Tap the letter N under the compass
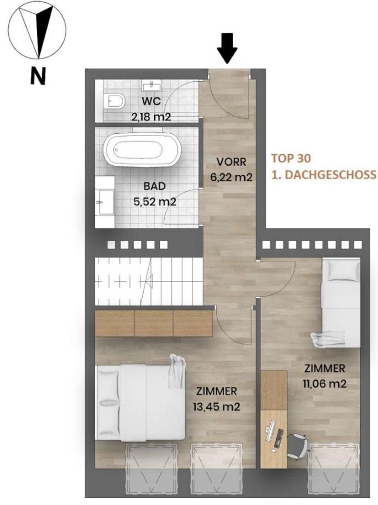pyautogui.click(x=38, y=76)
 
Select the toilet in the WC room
pyautogui.click(x=115, y=101)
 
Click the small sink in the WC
pyautogui.click(x=151, y=86)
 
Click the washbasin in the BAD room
pyautogui.click(x=105, y=202)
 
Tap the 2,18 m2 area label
pyautogui.click(x=151, y=117)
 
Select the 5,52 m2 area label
pyautogui.click(x=155, y=202)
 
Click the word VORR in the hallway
pyautogui.click(x=232, y=162)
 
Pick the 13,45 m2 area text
pyautogui.click(x=217, y=407)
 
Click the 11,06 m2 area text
pyautogui.click(x=324, y=383)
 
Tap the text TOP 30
pyautogui.click(x=291, y=158)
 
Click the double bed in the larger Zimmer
pyautogui.click(x=141, y=403)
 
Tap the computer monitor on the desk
pyautogui.click(x=270, y=428)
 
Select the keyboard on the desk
pyautogui.click(x=279, y=438)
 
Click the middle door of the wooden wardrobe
pyautogui.click(x=154, y=324)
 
